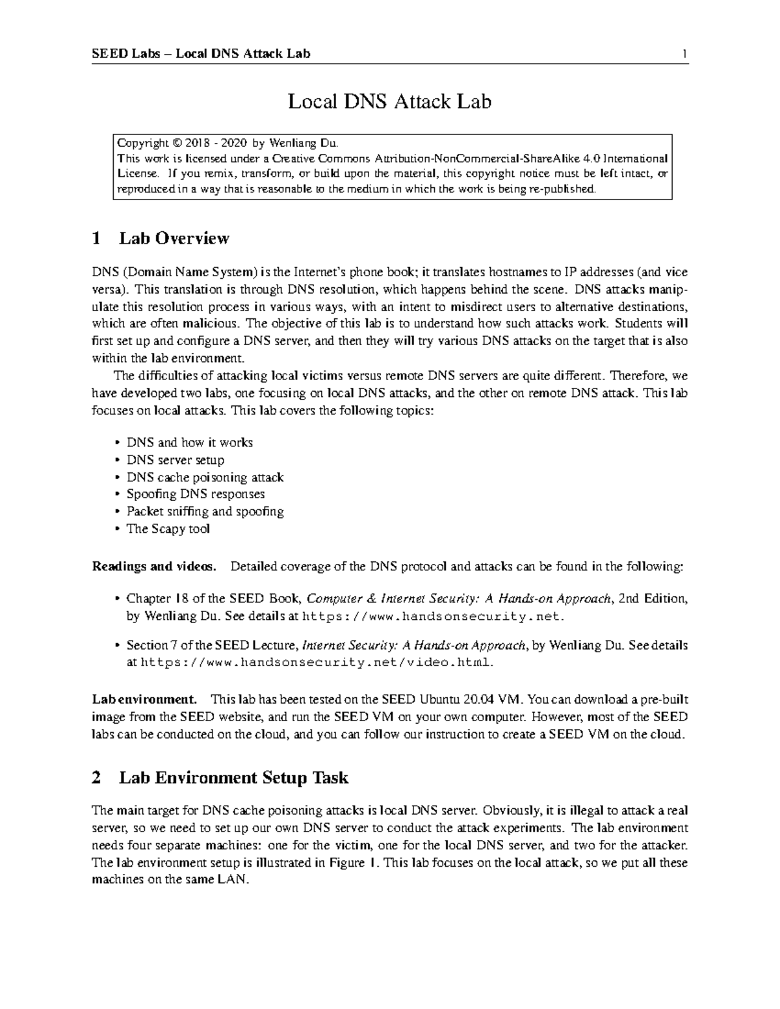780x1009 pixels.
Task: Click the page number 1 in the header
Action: coord(684,53)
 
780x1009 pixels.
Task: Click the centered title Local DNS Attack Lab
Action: coord(389,101)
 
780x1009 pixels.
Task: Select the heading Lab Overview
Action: coord(174,238)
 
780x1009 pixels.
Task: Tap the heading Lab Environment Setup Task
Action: coord(233,777)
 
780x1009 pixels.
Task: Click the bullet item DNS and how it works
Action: coord(189,442)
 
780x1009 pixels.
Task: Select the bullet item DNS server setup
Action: coord(175,460)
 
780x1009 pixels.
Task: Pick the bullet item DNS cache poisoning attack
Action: coord(205,477)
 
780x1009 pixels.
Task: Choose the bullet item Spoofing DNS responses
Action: coord(195,494)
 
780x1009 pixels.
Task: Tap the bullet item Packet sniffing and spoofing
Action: coord(205,511)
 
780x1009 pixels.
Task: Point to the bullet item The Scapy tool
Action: coord(168,529)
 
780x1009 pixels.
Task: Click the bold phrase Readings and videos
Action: coord(154,567)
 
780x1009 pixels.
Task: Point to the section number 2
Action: coord(96,778)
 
